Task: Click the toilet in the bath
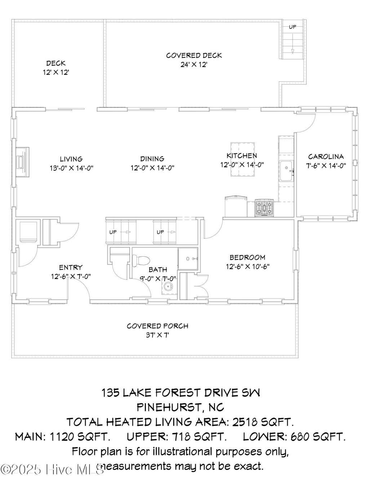(x=141, y=261)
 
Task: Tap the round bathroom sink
(x=168, y=287)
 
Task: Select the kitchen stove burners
(x=264, y=208)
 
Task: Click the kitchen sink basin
(x=286, y=171)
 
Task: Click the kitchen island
(x=243, y=159)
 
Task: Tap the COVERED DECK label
(x=194, y=56)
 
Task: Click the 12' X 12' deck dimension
(x=56, y=72)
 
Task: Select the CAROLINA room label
(x=326, y=156)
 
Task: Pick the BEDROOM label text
(x=247, y=257)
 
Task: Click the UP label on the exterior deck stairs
(x=293, y=27)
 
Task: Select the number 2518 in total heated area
(x=244, y=422)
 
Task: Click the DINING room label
(x=152, y=159)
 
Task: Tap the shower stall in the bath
(x=188, y=258)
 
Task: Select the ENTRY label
(x=71, y=267)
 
